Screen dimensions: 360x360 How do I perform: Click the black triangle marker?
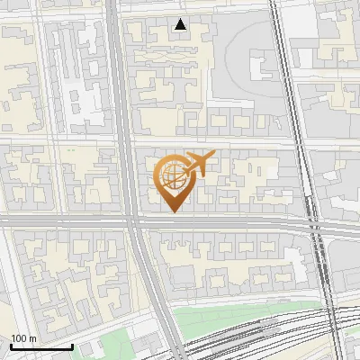[x=181, y=24]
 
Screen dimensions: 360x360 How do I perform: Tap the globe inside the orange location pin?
[x=174, y=175]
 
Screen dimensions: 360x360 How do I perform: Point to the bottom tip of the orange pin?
[x=174, y=211]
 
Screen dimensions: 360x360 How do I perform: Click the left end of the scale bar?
[x=11, y=346]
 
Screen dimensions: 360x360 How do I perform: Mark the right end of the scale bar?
[x=72, y=346]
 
